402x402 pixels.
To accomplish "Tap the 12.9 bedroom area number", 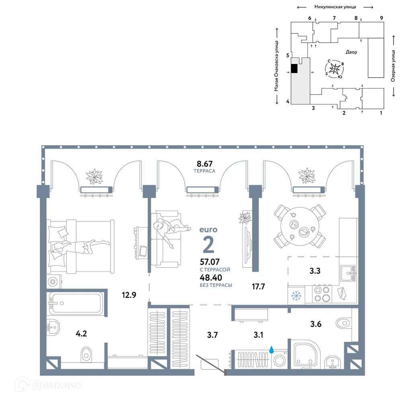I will tap(129, 295).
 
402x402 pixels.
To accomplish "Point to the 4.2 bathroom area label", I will tap(82, 333).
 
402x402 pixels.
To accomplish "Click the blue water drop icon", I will tap(272, 350).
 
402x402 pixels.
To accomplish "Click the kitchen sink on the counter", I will tap(347, 274).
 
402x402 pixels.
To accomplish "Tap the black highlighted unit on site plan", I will tap(294, 69).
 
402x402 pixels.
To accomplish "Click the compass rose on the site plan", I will tap(334, 70).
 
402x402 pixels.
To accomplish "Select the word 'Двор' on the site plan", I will tap(351, 52).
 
